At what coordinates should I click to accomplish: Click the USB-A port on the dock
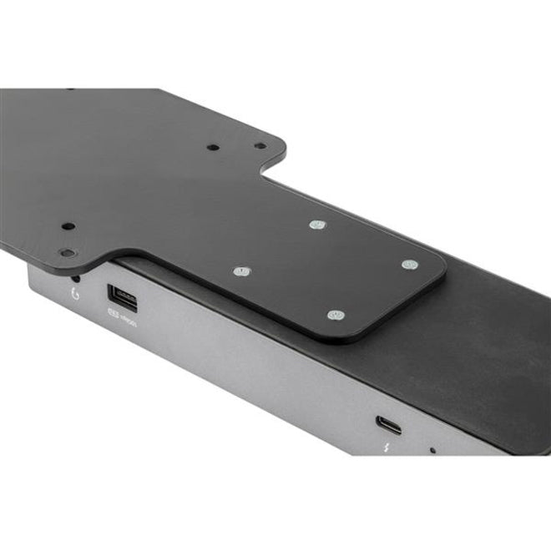coord(117,296)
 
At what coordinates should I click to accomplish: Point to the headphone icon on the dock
coord(77,293)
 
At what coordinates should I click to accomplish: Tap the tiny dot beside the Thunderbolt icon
coord(432,451)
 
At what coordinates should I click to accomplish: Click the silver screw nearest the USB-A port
coord(241,272)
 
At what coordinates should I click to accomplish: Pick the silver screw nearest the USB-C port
coord(336,315)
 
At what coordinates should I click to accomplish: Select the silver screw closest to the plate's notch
coord(316,225)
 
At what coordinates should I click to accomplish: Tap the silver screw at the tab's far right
coord(407,265)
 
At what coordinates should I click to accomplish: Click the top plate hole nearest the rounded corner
coord(260,146)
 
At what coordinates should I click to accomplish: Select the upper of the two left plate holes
coord(68,226)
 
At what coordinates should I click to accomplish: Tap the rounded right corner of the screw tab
coord(441,269)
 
